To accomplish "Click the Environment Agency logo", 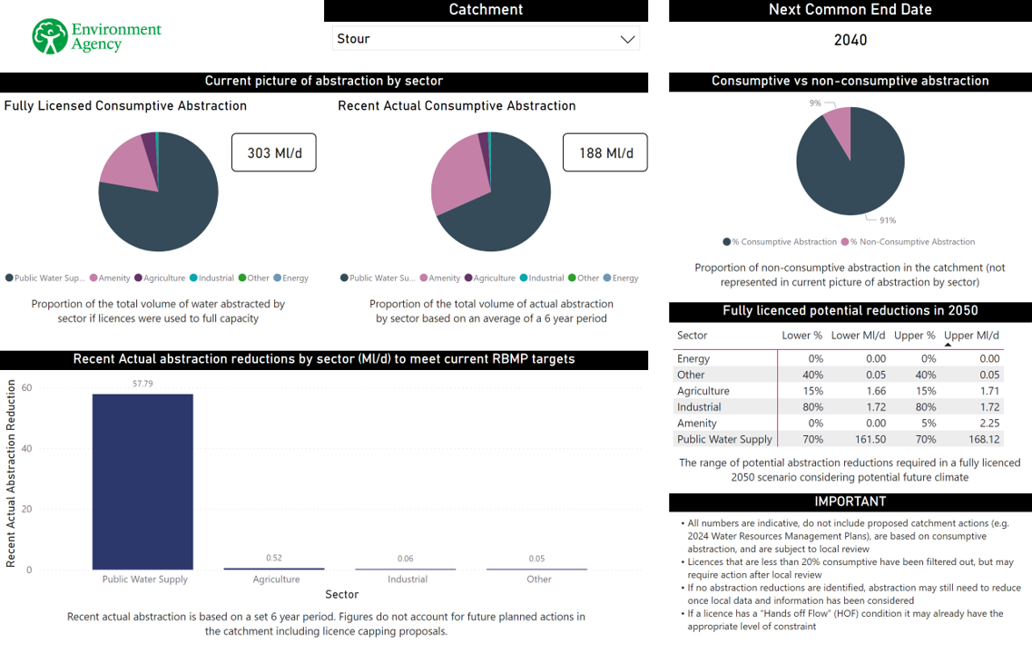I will [95, 36].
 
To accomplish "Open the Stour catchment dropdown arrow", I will [627, 39].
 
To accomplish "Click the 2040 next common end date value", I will [850, 40].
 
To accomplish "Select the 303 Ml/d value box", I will [273, 153].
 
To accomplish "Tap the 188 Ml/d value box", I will [605, 153].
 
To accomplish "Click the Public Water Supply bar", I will [143, 481].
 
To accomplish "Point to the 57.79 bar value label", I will [143, 384].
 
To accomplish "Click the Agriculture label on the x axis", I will [276, 579].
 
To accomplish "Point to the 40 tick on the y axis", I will [26, 448].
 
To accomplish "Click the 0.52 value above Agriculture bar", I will [273, 558].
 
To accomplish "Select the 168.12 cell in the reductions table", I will [984, 439].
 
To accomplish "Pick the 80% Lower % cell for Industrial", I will [812, 407].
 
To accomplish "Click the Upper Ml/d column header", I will [971, 336].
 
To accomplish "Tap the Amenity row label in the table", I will [697, 424].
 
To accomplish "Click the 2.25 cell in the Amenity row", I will [989, 424].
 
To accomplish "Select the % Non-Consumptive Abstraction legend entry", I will [910, 242].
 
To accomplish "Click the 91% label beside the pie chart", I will [887, 220].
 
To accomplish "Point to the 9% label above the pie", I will [815, 103].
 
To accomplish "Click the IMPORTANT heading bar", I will [850, 502].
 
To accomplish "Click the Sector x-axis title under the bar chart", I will [342, 594].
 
